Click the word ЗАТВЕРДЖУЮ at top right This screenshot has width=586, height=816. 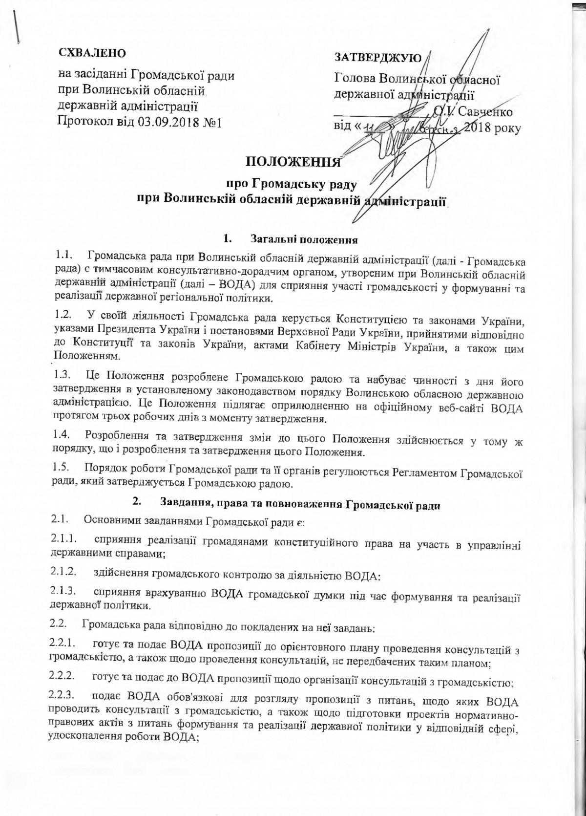point(377,57)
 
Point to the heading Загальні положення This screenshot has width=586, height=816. point(305,239)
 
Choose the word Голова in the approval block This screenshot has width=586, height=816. point(354,78)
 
